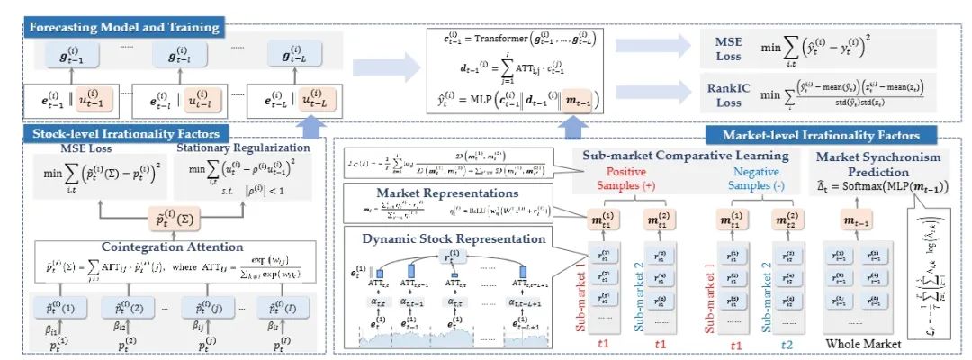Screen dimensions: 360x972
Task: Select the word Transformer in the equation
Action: (501, 41)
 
